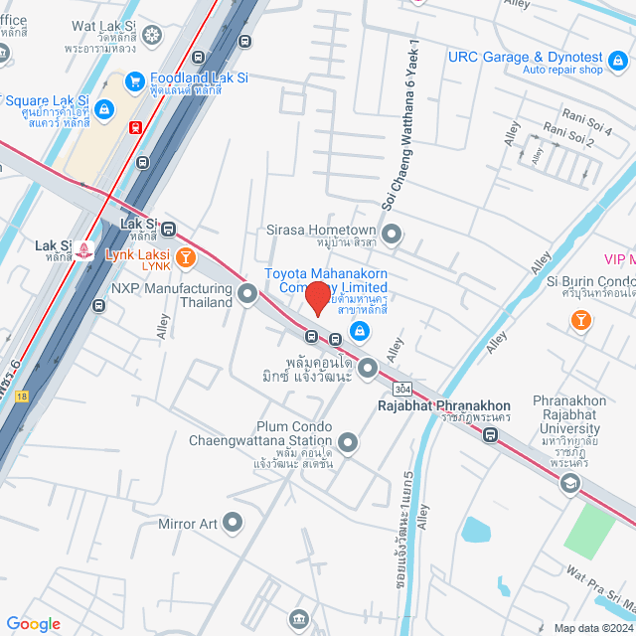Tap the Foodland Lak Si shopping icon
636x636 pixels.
click(x=135, y=80)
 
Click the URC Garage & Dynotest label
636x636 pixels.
click(x=524, y=58)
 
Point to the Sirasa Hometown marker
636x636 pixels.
click(x=393, y=236)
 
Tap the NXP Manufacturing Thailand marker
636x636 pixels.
click(x=246, y=293)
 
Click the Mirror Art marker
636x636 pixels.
click(x=233, y=521)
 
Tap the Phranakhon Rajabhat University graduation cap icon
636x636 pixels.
click(x=569, y=484)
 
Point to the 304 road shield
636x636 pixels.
click(x=402, y=388)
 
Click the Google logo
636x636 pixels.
click(x=33, y=623)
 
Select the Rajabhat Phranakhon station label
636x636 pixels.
click(x=443, y=405)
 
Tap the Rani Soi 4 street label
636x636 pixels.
click(x=586, y=117)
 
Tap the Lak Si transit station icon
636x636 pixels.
click(x=168, y=230)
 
